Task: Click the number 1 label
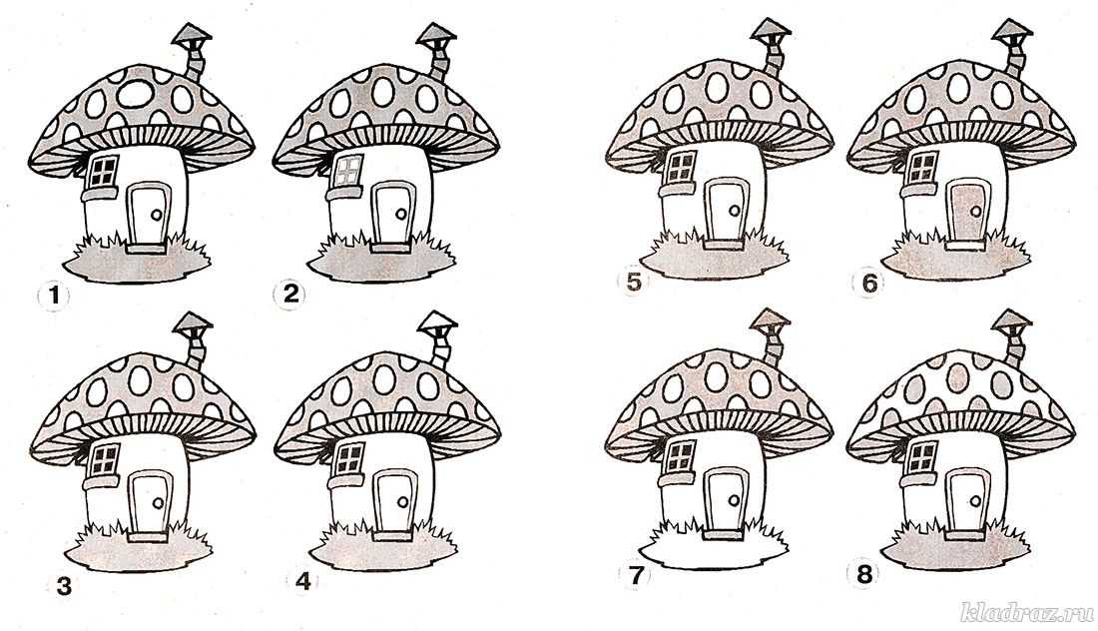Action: point(53,297)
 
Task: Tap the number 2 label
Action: point(289,295)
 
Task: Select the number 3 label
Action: point(64,585)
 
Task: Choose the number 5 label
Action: point(633,282)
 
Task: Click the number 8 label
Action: point(864,574)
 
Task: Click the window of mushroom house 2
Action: point(348,171)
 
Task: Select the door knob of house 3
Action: point(158,502)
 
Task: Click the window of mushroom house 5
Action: point(680,167)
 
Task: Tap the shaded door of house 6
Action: point(968,210)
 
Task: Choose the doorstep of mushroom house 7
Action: point(723,535)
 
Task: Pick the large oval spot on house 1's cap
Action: point(135,94)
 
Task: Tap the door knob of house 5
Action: point(734,210)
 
